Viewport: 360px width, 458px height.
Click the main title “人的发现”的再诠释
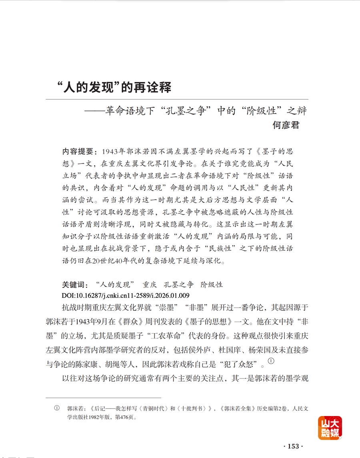[114, 87]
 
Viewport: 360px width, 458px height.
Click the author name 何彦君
[286, 125]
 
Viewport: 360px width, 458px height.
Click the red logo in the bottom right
[330, 428]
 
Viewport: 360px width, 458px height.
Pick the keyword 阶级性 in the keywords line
[212, 285]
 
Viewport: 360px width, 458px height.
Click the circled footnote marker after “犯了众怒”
[271, 362]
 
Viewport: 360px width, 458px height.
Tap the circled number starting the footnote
[57, 409]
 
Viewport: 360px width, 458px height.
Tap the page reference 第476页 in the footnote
[126, 417]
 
